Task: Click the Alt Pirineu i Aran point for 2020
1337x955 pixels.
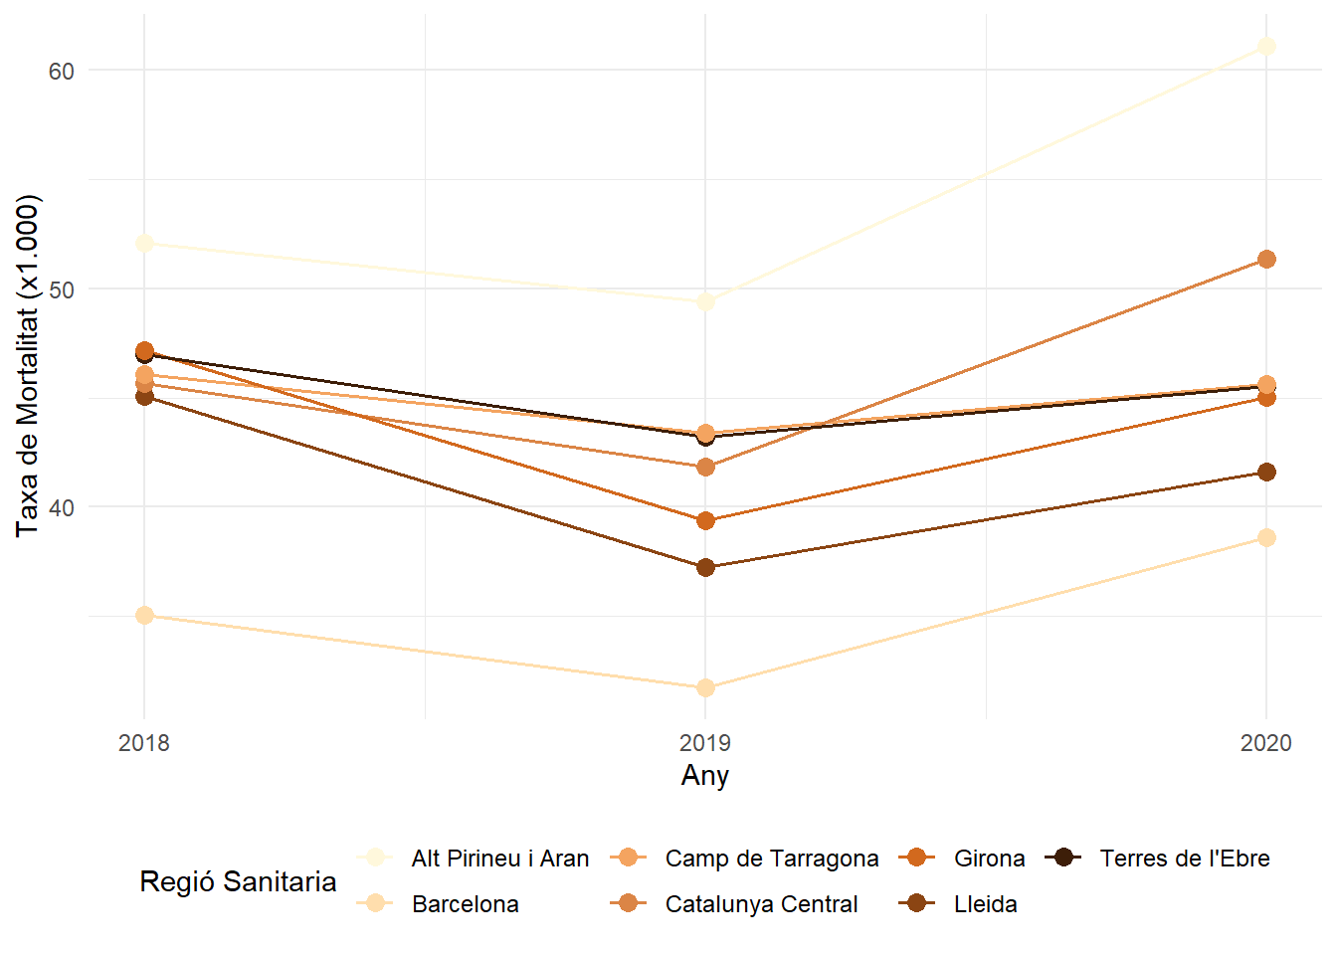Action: pyautogui.click(x=1266, y=46)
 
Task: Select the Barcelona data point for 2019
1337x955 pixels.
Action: pyautogui.click(x=705, y=687)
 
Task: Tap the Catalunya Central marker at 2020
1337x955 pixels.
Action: pyautogui.click(x=1266, y=259)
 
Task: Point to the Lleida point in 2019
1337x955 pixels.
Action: pyautogui.click(x=705, y=567)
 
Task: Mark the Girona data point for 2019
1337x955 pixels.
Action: pyautogui.click(x=705, y=520)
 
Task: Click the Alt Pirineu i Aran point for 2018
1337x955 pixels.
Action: pyautogui.click(x=144, y=243)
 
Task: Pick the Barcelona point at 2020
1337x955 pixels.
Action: pyautogui.click(x=1266, y=537)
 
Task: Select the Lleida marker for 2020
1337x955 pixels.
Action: pyautogui.click(x=1266, y=472)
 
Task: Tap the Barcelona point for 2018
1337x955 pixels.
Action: pyautogui.click(x=144, y=615)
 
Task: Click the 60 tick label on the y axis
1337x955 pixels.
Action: pyautogui.click(x=62, y=71)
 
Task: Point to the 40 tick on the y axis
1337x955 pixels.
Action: pyautogui.click(x=62, y=507)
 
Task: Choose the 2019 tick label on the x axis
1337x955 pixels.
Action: pyautogui.click(x=705, y=743)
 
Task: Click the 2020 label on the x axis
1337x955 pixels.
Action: pyautogui.click(x=1265, y=743)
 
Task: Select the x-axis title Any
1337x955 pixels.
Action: pyautogui.click(x=705, y=776)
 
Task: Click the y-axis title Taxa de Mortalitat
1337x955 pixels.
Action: pyautogui.click(x=28, y=366)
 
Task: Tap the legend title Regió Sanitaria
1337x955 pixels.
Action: pyautogui.click(x=238, y=881)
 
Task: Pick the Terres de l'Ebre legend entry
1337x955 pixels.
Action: pyautogui.click(x=1184, y=859)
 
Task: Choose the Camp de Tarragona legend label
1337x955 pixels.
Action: pyautogui.click(x=771, y=859)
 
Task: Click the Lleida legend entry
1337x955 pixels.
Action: pyautogui.click(x=985, y=904)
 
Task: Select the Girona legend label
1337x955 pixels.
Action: pyautogui.click(x=989, y=859)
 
